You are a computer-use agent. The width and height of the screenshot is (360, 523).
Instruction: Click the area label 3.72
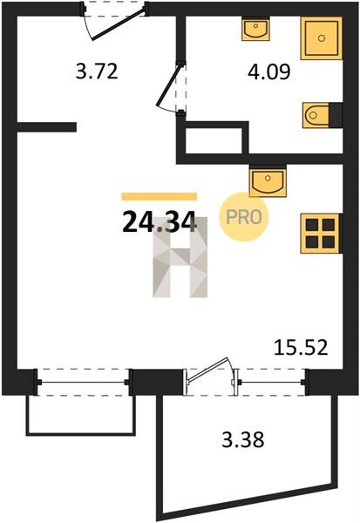pos(97,71)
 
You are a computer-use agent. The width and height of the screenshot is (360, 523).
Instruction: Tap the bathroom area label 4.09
pos(269,71)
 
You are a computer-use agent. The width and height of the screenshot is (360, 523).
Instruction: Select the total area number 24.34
pos(159,223)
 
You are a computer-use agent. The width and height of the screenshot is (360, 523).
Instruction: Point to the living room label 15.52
pos(301,348)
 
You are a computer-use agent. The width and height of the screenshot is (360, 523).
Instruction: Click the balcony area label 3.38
pos(243,439)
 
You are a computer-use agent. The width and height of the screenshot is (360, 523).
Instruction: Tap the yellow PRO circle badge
pos(244,217)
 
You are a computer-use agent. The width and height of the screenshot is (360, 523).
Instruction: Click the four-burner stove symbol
pos(321,234)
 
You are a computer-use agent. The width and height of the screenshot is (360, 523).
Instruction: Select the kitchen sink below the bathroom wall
pos(268,182)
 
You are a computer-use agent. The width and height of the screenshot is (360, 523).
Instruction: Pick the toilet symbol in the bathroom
pos(316,115)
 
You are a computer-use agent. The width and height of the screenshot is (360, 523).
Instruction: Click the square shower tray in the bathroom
pos(322,38)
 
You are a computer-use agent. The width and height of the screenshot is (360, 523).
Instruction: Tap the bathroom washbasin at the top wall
pos(256,29)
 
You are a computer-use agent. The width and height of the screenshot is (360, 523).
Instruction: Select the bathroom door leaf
pos(169,85)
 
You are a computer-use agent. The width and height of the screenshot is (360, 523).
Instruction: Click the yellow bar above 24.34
pos(159,196)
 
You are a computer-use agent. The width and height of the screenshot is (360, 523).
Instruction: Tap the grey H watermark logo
pos(180,257)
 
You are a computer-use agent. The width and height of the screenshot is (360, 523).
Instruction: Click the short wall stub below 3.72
pos(47,127)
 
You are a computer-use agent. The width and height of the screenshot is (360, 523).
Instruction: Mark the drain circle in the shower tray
pos(322,38)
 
